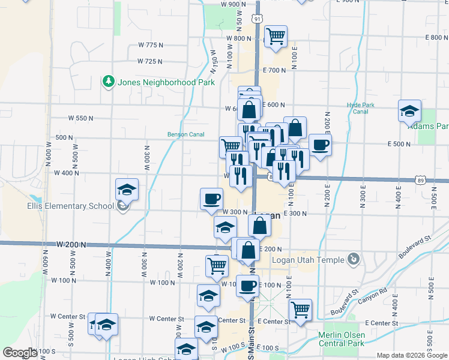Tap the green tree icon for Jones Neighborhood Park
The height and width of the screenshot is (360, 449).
click(x=108, y=81)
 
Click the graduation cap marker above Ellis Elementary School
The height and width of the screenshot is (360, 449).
click(x=127, y=190)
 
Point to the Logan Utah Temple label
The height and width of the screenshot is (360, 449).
click(x=309, y=260)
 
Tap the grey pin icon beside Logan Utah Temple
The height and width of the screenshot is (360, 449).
click(x=354, y=259)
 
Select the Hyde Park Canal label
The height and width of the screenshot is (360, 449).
click(x=361, y=108)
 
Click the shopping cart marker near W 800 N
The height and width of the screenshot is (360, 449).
click(x=276, y=36)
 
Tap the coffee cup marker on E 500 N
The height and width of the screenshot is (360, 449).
click(x=320, y=145)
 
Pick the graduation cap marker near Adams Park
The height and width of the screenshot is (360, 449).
click(x=409, y=111)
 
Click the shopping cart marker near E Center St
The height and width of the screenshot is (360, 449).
click(x=300, y=310)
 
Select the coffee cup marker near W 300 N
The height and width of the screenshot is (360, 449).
click(x=211, y=199)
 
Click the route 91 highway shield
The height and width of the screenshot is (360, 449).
click(x=257, y=19)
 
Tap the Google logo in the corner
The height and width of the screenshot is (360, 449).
click(x=20, y=353)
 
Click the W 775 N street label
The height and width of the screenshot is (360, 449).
click(x=151, y=45)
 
